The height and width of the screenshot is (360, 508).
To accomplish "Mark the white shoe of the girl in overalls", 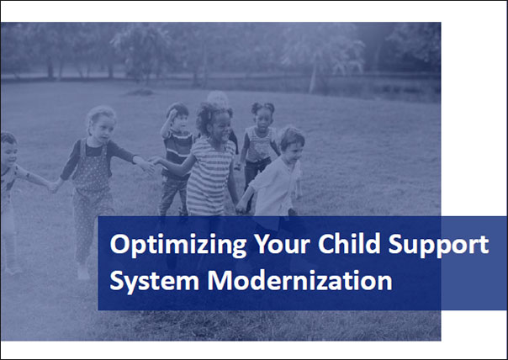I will [x=83, y=273].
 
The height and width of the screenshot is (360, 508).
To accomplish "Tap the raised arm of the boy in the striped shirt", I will [x=166, y=126].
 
